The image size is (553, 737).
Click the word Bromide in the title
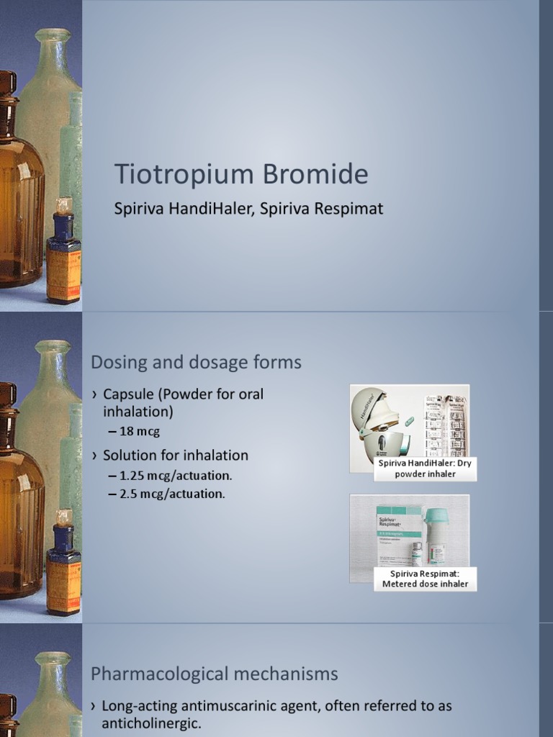(313, 175)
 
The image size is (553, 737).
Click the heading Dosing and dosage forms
(196, 362)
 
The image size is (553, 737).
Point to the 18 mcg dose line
(139, 431)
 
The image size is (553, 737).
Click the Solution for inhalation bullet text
(175, 455)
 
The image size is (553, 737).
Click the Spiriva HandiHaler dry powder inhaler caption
(425, 469)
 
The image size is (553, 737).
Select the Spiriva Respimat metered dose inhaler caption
(425, 578)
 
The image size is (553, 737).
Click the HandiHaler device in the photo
(379, 425)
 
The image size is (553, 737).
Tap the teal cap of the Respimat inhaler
(436, 516)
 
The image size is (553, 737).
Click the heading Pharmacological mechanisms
(214, 674)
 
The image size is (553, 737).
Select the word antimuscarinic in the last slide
(214, 706)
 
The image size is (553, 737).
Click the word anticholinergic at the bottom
(151, 723)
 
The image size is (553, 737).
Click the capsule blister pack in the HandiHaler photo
(446, 425)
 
